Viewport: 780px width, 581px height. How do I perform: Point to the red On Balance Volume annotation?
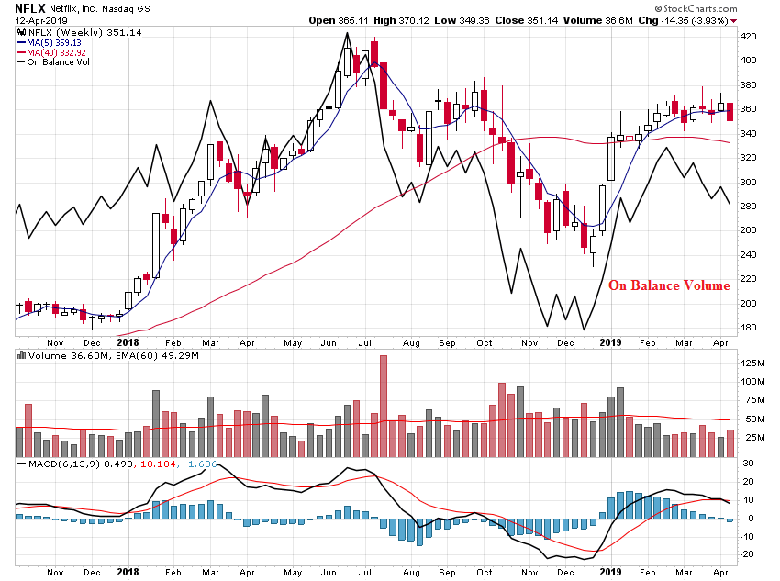669,285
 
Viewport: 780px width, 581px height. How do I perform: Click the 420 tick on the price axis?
748,37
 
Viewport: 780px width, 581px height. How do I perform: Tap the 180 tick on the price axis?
748,328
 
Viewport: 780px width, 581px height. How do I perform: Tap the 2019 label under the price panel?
611,341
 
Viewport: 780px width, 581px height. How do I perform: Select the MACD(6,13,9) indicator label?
60,464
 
